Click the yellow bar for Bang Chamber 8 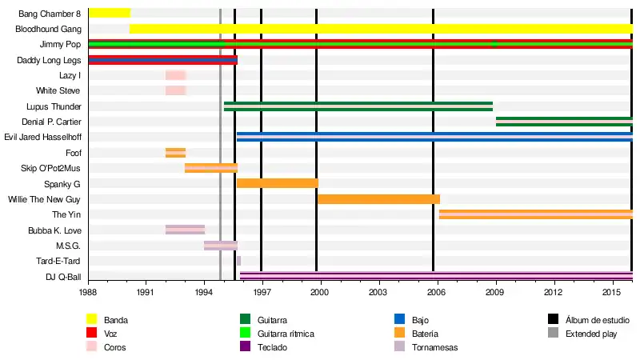coord(109,13)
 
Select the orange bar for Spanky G coord(277,183)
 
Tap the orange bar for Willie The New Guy coord(378,199)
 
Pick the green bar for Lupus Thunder coord(358,106)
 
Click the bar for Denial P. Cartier coord(564,122)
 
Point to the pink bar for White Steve coord(176,90)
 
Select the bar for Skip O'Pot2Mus coord(211,168)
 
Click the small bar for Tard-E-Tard coord(238,261)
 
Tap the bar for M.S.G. coord(221,246)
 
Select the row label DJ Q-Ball coord(63,277)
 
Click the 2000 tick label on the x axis coord(320,294)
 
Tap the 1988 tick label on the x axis coord(88,294)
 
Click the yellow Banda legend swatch coord(91,320)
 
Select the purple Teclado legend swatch coord(246,347)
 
